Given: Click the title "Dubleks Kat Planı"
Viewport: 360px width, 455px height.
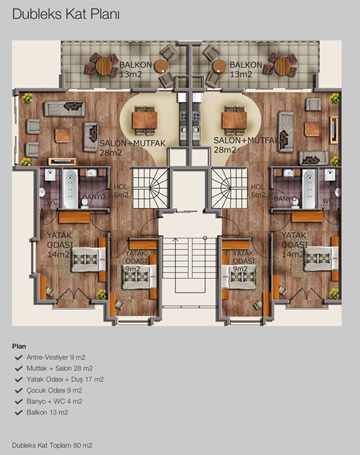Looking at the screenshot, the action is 66,14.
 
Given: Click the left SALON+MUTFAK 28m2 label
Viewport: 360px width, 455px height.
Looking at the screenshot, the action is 133,148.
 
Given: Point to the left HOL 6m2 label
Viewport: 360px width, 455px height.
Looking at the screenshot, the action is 121,191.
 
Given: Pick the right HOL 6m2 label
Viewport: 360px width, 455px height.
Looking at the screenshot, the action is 258,191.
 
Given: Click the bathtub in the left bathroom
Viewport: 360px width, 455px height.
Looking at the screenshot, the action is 70,189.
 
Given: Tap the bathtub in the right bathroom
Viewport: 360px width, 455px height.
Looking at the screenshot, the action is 309,189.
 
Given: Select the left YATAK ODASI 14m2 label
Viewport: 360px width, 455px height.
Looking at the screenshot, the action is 60,244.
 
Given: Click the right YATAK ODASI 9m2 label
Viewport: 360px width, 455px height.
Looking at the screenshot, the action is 244,261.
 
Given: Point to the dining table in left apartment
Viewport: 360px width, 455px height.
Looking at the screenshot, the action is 145,120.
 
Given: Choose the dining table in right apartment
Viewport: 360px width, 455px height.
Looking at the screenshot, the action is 235,120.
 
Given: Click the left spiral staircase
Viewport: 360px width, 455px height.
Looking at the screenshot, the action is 151,188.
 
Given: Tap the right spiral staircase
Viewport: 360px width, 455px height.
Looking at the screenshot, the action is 229,188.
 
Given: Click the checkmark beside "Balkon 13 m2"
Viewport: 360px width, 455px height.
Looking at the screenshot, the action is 19,412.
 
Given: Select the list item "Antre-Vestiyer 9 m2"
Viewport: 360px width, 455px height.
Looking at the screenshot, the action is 56,357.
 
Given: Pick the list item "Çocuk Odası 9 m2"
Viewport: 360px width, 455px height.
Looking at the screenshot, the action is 55,390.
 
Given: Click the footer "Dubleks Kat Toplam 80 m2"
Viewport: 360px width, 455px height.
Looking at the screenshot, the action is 52,445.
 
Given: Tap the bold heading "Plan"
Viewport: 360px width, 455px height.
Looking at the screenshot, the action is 19,346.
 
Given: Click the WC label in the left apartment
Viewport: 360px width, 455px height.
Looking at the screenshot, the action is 52,201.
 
